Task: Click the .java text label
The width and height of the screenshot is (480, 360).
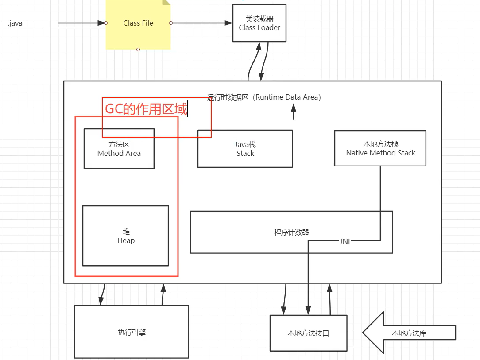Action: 15,23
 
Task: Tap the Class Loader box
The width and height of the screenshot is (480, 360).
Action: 259,23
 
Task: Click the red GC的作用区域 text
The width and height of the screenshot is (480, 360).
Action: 146,109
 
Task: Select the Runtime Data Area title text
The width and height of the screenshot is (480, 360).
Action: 264,97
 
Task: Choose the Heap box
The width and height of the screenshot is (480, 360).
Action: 125,236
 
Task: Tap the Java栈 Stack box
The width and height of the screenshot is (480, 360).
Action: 245,149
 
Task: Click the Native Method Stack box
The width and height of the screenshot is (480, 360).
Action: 380,148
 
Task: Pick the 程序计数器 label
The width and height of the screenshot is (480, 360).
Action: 291,232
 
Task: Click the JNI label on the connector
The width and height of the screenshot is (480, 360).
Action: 345,241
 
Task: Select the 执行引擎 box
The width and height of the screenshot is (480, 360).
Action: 132,332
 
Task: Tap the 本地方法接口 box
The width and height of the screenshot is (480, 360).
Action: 308,333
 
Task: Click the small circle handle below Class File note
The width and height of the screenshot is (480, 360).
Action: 138,50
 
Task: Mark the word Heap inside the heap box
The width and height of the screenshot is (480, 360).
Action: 126,241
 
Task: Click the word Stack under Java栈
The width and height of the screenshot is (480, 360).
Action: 245,153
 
